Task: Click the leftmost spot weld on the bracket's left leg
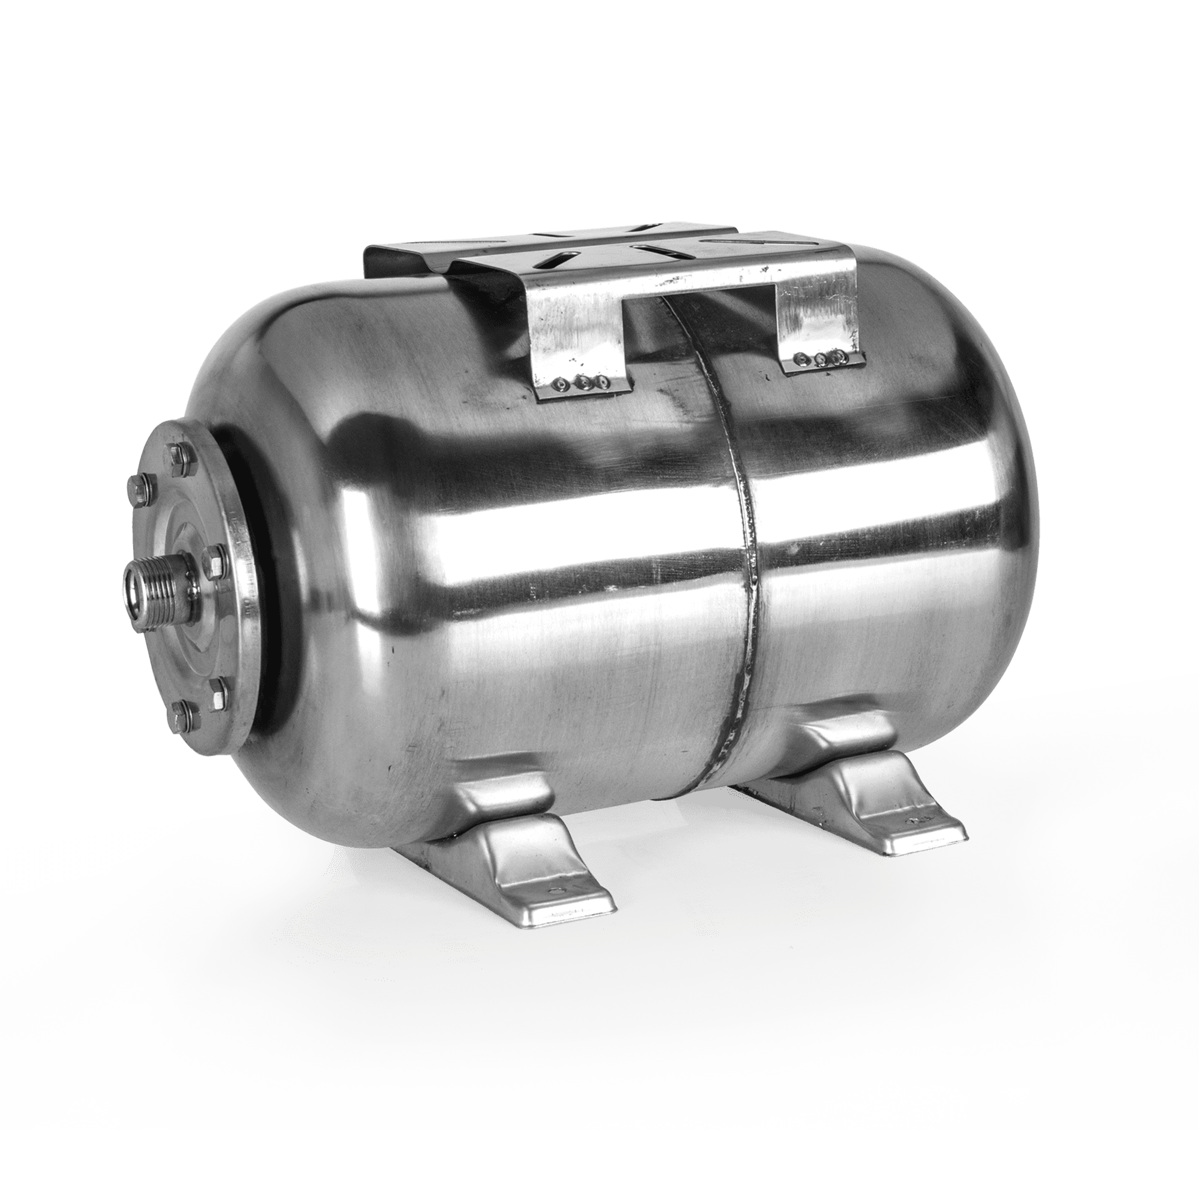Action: (562, 385)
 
